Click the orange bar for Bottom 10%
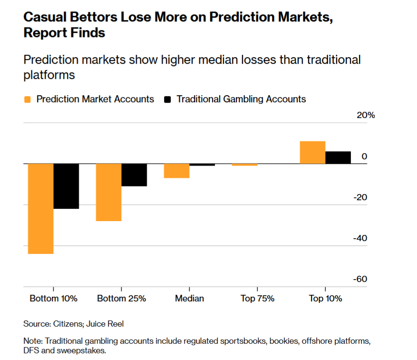40,208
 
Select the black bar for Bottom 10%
66,186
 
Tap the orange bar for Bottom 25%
108,192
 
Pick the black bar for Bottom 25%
134,175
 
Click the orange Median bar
176,171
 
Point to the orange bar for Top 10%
312,153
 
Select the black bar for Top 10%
338,157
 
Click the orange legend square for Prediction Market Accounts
27,99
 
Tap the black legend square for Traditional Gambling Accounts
167,99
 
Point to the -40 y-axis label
360,238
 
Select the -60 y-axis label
360,279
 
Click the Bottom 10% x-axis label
53,299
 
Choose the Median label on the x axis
189,299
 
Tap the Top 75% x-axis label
257,299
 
